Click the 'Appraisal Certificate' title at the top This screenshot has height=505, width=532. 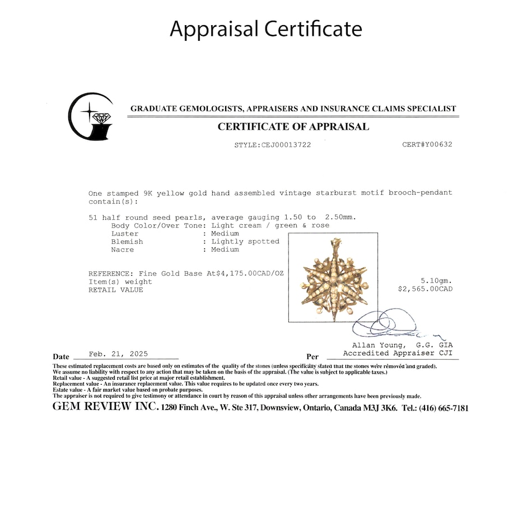click(266, 29)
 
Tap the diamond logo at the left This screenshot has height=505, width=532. click(91, 116)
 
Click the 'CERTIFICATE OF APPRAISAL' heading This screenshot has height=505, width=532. click(293, 127)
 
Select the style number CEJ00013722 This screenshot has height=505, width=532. click(286, 145)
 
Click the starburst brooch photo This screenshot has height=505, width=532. click(333, 277)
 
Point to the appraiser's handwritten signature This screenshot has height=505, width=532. click(386, 325)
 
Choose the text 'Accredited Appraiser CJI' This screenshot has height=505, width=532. click(398, 353)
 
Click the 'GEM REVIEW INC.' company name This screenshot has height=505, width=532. click(105, 407)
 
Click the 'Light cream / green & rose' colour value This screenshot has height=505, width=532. click(270, 225)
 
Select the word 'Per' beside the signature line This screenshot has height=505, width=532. click(312, 356)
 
